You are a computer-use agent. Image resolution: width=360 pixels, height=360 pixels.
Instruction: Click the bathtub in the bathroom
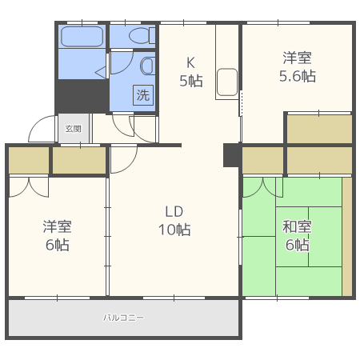tap(82, 37)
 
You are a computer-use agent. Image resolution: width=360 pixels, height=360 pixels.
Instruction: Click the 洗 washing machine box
tap(142, 95)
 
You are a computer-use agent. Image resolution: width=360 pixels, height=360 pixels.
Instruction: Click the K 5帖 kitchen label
tap(190, 72)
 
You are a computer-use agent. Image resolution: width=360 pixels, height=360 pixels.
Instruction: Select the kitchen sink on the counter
tap(226, 83)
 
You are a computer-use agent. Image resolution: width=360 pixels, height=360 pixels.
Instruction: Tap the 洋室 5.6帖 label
tap(296, 67)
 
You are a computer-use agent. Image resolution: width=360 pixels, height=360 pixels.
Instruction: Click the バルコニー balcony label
tap(124, 318)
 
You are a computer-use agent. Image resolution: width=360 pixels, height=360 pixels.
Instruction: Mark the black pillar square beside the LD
tap(232, 155)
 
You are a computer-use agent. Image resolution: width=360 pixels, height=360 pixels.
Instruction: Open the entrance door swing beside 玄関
tap(42, 130)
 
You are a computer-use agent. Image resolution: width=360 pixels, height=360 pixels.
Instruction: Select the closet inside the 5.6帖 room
tap(319, 129)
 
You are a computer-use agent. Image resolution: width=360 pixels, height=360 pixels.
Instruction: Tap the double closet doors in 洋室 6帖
tap(29, 186)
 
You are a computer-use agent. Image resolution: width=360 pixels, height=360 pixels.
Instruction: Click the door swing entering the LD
tap(122, 160)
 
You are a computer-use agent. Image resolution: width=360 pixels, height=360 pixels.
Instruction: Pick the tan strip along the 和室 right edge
tap(347, 236)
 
